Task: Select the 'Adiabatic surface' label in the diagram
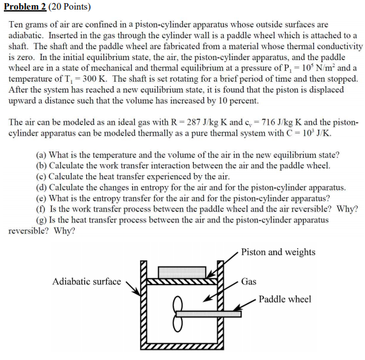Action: (86, 281)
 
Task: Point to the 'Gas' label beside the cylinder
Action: (249, 281)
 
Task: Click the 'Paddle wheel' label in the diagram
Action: (285, 299)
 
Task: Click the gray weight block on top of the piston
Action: (182, 272)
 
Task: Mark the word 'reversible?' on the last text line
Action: (29, 231)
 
